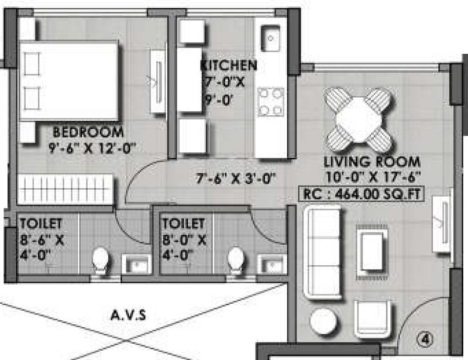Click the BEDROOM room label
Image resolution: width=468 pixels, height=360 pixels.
point(88,132)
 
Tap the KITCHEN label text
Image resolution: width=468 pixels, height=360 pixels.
point(228,64)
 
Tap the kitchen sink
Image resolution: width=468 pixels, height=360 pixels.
point(271,39)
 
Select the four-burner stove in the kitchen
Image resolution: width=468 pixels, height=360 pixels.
point(271,101)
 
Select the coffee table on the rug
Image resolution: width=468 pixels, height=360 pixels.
point(373,246)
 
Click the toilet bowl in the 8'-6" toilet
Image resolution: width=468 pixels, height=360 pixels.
point(101,260)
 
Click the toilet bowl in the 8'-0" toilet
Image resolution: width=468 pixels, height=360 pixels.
point(236,260)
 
